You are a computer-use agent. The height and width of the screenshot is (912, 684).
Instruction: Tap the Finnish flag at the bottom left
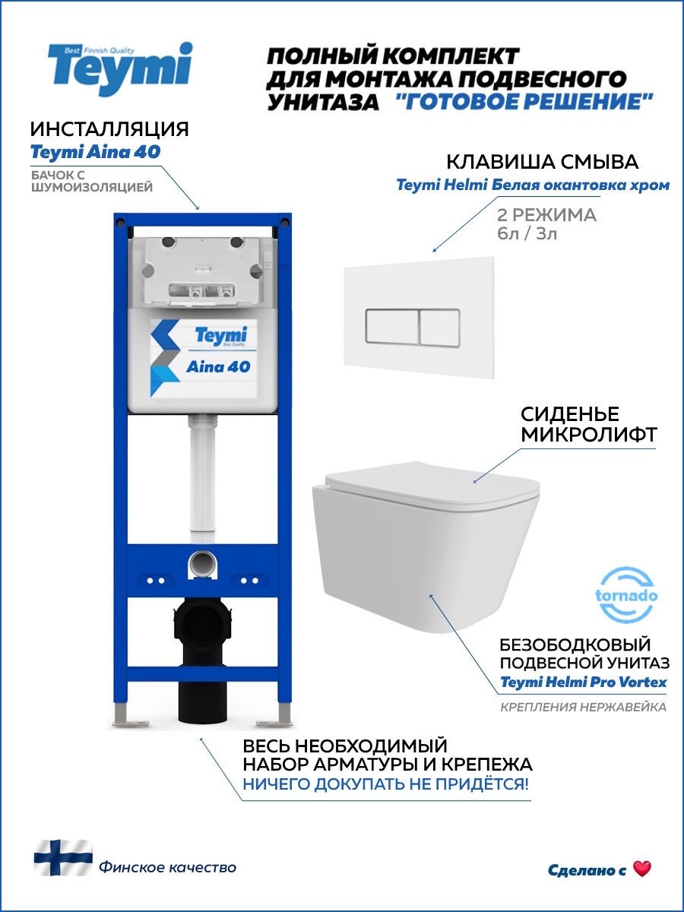click(63, 857)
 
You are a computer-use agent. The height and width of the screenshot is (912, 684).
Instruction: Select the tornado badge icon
click(626, 595)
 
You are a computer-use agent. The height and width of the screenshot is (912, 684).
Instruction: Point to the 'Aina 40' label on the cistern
click(218, 366)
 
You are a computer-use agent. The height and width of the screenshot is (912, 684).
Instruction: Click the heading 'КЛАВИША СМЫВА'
click(542, 162)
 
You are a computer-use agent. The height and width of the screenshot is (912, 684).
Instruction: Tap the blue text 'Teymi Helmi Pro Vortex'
click(583, 682)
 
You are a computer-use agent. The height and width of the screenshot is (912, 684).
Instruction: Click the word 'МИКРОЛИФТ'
click(588, 435)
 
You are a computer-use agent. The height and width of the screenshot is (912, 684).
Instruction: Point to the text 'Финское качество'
click(167, 867)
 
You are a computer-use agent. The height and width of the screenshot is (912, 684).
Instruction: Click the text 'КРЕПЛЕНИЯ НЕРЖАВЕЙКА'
click(583, 708)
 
